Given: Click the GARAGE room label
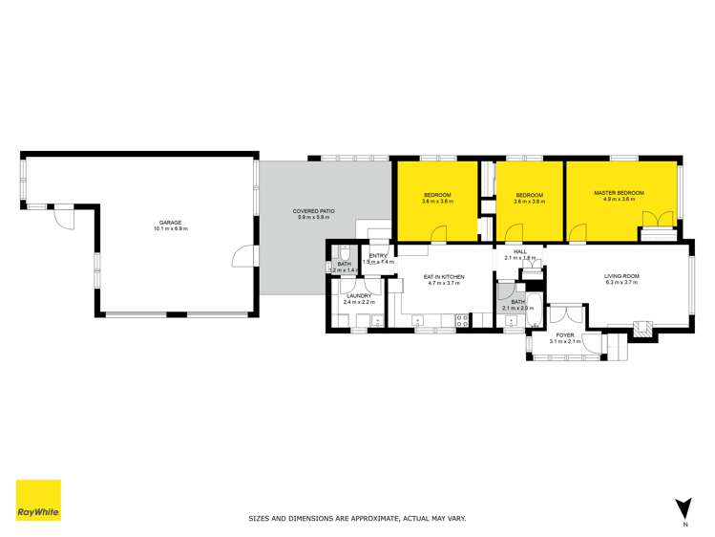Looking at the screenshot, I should point(170,223).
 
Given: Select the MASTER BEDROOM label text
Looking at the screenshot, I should point(619,193).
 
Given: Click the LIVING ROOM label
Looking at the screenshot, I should point(620,276).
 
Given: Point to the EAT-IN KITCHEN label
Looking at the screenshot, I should point(444,277).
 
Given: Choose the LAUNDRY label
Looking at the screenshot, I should point(358,296).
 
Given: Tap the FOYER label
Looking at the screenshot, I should point(565,334).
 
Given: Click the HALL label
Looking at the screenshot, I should point(520,251).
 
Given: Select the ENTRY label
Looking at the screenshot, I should point(378,255).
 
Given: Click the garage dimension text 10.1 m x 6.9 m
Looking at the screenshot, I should point(170,229).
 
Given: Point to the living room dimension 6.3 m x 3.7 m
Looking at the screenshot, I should point(620,283).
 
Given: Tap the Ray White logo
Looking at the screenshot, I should point(38,500).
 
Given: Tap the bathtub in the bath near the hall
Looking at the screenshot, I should point(533,312).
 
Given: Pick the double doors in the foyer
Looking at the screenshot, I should point(566,314).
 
